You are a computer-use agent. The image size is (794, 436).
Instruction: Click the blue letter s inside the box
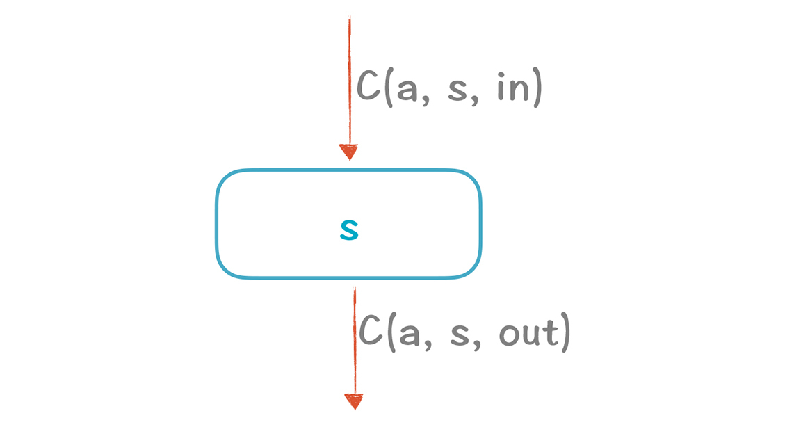coord(348,231)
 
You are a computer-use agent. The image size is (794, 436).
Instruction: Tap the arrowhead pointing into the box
coord(348,152)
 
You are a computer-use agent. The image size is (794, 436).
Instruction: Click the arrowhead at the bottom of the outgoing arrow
coord(354,401)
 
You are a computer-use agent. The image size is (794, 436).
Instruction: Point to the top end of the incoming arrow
coord(349,18)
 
